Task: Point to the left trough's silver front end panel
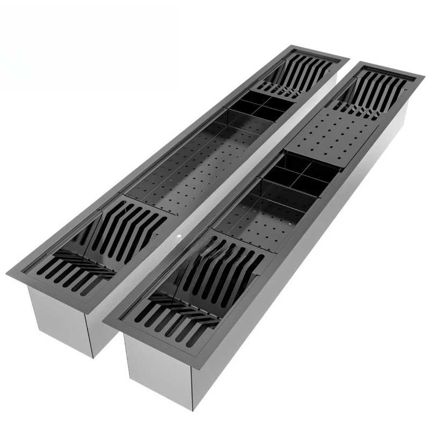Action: pos(59,317)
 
